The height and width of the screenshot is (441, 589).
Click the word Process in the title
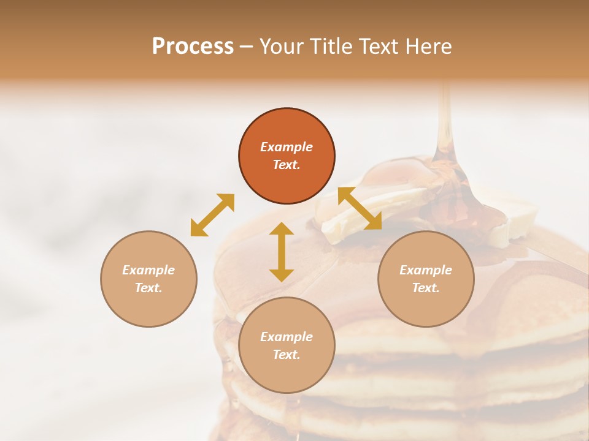(193, 47)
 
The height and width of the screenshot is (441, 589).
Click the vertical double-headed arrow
(282, 252)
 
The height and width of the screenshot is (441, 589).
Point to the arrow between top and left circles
(212, 215)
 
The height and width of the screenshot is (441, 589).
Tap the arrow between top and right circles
(360, 208)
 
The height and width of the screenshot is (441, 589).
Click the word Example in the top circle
(287, 147)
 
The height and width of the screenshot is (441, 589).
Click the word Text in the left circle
(148, 288)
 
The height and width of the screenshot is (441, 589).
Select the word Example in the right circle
(426, 270)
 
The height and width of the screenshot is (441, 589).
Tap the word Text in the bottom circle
(287, 355)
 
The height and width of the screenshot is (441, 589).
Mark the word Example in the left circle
(148, 270)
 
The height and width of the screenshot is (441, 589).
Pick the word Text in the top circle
(287, 165)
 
